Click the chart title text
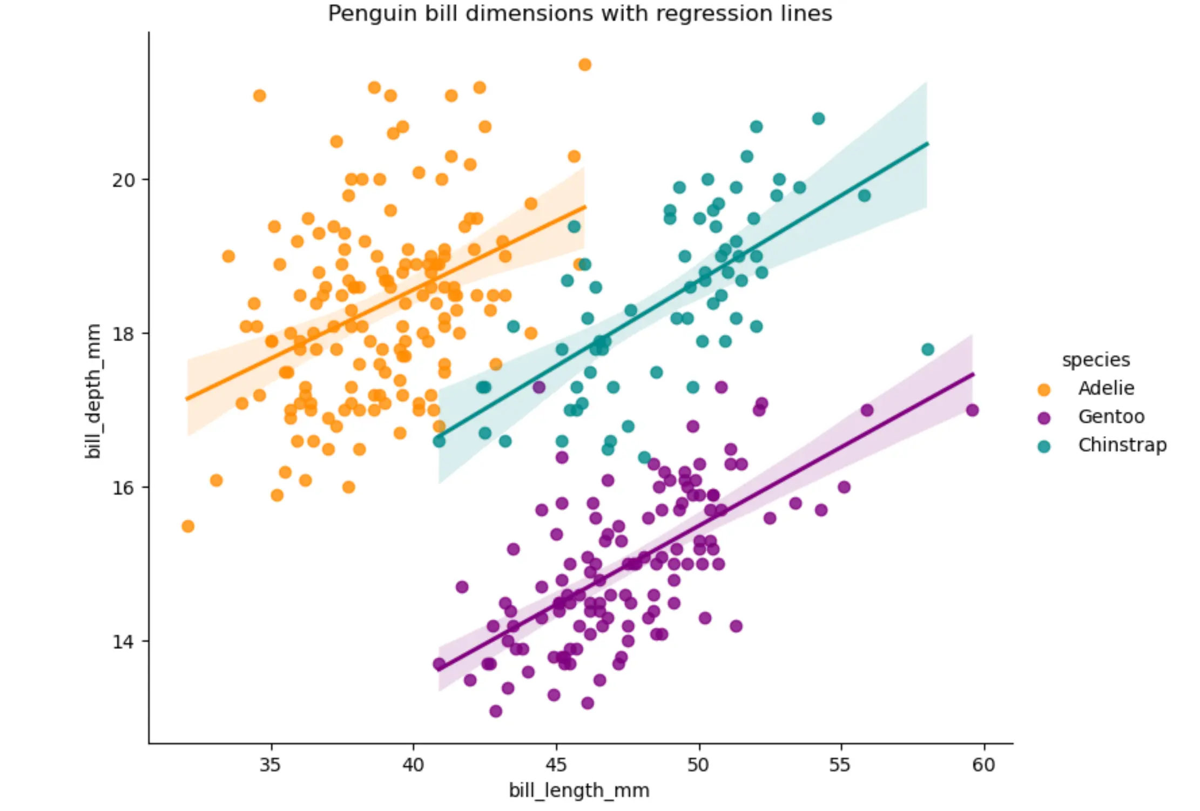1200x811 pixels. click(579, 13)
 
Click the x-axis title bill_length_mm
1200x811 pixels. click(579, 790)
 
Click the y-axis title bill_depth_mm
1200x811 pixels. click(93, 391)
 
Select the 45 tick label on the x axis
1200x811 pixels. click(556, 765)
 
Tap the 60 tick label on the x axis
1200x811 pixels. click(983, 765)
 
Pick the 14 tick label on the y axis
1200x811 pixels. click(123, 641)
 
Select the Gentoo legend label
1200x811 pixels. click(1111, 417)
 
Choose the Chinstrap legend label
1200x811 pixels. click(1122, 445)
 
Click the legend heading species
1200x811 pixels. click(1096, 360)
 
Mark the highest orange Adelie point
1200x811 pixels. click(584, 65)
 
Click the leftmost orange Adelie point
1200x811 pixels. click(188, 526)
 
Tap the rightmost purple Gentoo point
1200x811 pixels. click(972, 410)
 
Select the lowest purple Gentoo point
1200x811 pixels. click(496, 711)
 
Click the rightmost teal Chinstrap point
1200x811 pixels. click(928, 349)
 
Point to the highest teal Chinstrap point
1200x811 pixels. click(819, 119)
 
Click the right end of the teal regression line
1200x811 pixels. click(927, 144)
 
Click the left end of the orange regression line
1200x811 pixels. click(187, 399)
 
